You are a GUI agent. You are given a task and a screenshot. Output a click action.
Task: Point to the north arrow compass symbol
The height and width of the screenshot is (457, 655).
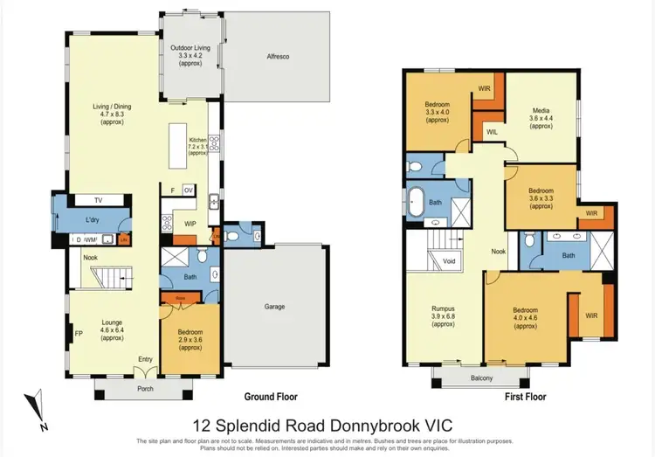coord(37,410)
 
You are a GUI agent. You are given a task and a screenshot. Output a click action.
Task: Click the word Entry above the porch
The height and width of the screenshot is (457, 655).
coord(146,358)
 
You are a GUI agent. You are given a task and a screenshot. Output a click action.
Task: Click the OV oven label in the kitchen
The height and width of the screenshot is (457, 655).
coord(188,190)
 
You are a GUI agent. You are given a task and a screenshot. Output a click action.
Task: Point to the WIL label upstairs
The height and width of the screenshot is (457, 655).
coord(492,131)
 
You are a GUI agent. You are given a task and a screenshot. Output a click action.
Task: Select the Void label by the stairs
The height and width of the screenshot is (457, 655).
coord(448,260)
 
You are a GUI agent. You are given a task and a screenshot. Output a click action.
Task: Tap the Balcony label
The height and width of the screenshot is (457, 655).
coord(481,377)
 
